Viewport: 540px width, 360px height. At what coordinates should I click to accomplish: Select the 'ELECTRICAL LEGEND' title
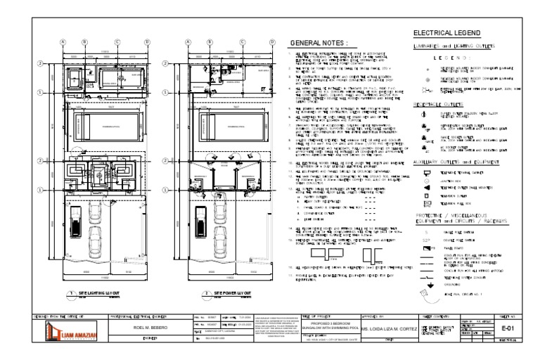pyautogui.click(x=446, y=32)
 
